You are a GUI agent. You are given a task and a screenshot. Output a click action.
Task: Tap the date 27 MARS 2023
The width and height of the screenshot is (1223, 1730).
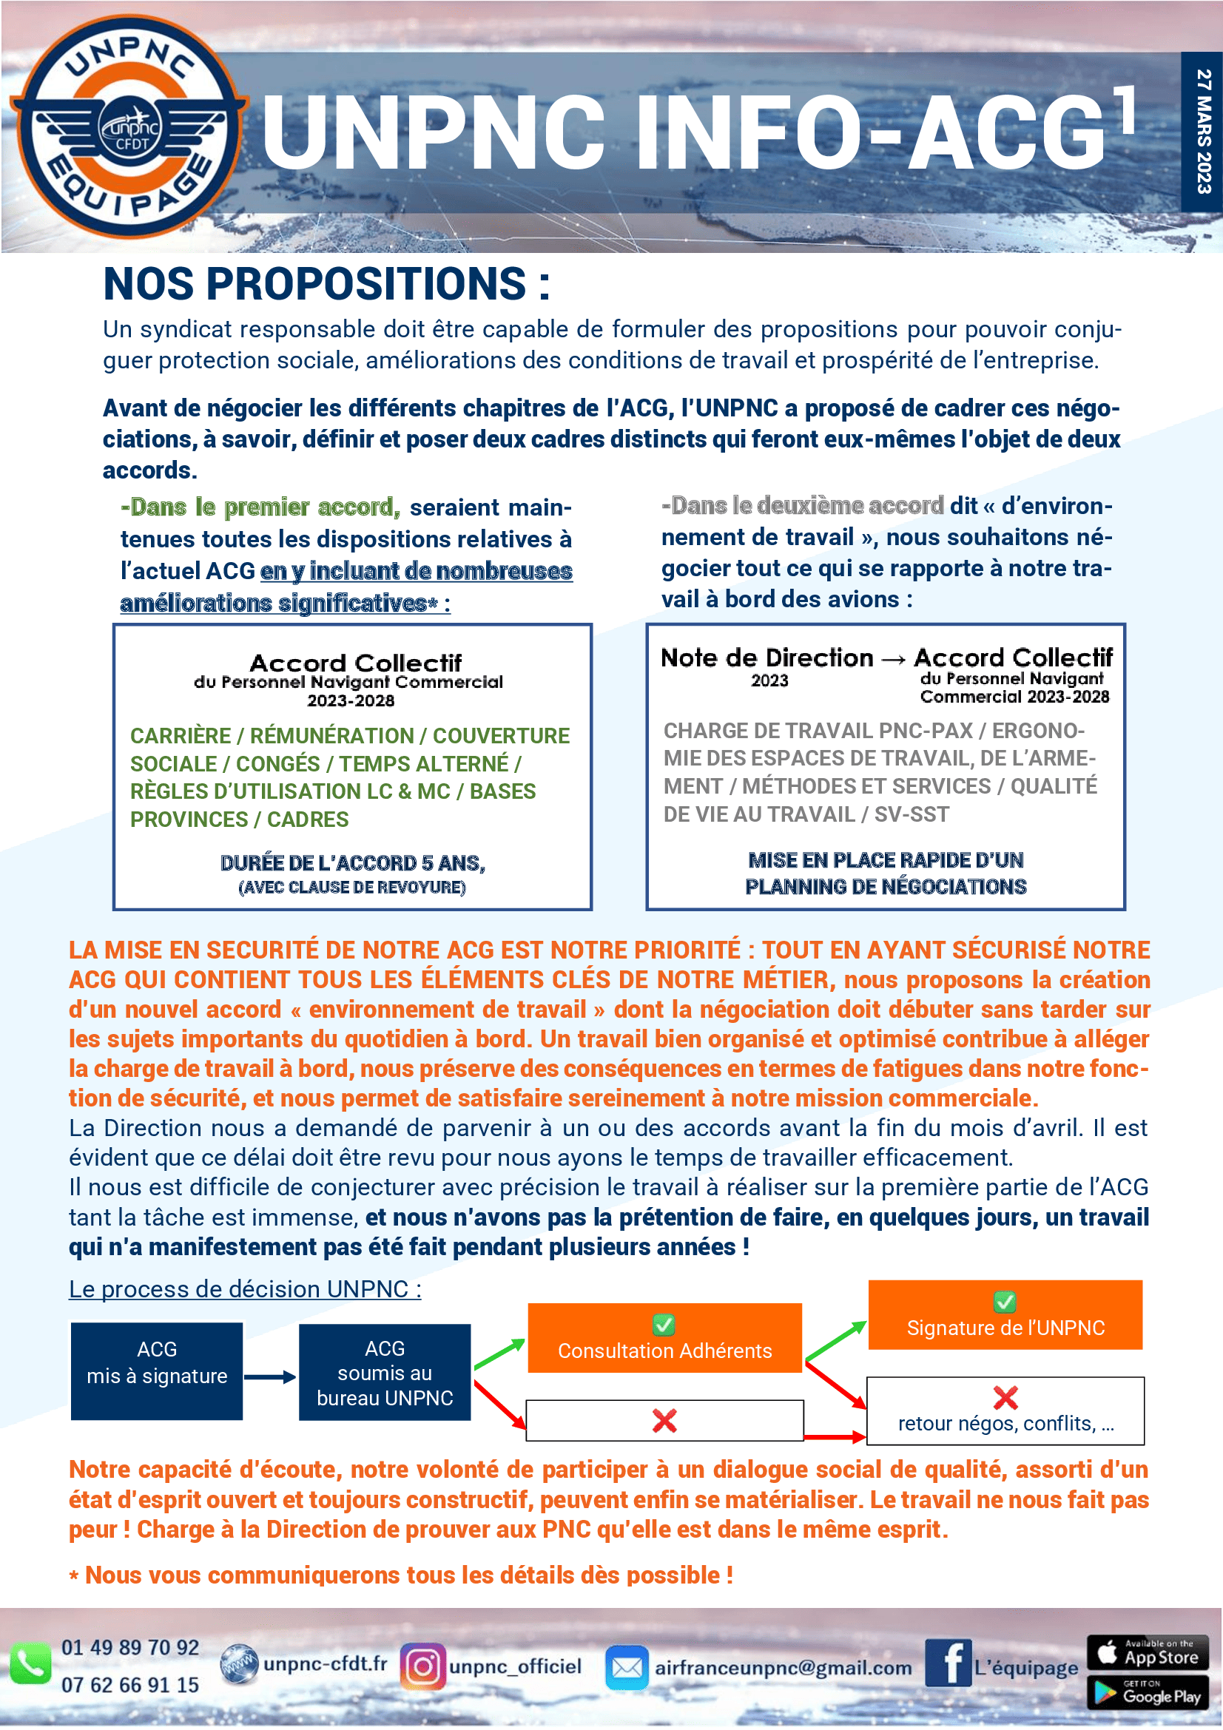(x=1203, y=131)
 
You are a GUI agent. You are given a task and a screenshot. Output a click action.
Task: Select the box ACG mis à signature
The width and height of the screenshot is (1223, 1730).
(x=157, y=1371)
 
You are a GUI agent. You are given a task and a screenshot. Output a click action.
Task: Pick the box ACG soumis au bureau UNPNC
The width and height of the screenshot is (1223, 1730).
(x=384, y=1372)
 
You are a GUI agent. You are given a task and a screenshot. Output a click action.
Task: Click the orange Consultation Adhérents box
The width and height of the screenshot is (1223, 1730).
(x=664, y=1338)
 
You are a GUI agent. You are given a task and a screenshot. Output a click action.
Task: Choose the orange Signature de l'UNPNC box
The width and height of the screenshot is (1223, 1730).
(x=1005, y=1315)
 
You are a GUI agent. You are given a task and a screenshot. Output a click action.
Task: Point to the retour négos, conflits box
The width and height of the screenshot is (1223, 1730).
(x=1005, y=1410)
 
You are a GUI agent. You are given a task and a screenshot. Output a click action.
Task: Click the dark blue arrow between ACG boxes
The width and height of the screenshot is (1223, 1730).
(x=270, y=1376)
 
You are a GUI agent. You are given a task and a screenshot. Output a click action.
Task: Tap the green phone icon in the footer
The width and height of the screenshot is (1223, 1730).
(x=30, y=1664)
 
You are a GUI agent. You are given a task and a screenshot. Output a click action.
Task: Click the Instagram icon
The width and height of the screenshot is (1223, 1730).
(x=422, y=1666)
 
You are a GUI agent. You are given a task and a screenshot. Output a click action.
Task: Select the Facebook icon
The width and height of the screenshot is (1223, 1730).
(x=947, y=1662)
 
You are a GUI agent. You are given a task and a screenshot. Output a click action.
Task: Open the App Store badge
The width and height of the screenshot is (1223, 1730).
(x=1147, y=1652)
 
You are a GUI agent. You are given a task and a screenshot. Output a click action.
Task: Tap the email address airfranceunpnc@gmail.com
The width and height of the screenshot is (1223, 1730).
(x=782, y=1667)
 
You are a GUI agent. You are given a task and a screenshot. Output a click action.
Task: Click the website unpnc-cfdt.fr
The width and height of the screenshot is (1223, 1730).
(x=325, y=1663)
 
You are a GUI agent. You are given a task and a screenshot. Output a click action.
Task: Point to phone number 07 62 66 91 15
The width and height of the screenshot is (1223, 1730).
(x=129, y=1685)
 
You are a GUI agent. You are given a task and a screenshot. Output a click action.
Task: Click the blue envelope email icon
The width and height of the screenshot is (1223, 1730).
(x=626, y=1667)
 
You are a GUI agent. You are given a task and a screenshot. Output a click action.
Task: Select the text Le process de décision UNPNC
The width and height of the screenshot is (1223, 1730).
(x=245, y=1289)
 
